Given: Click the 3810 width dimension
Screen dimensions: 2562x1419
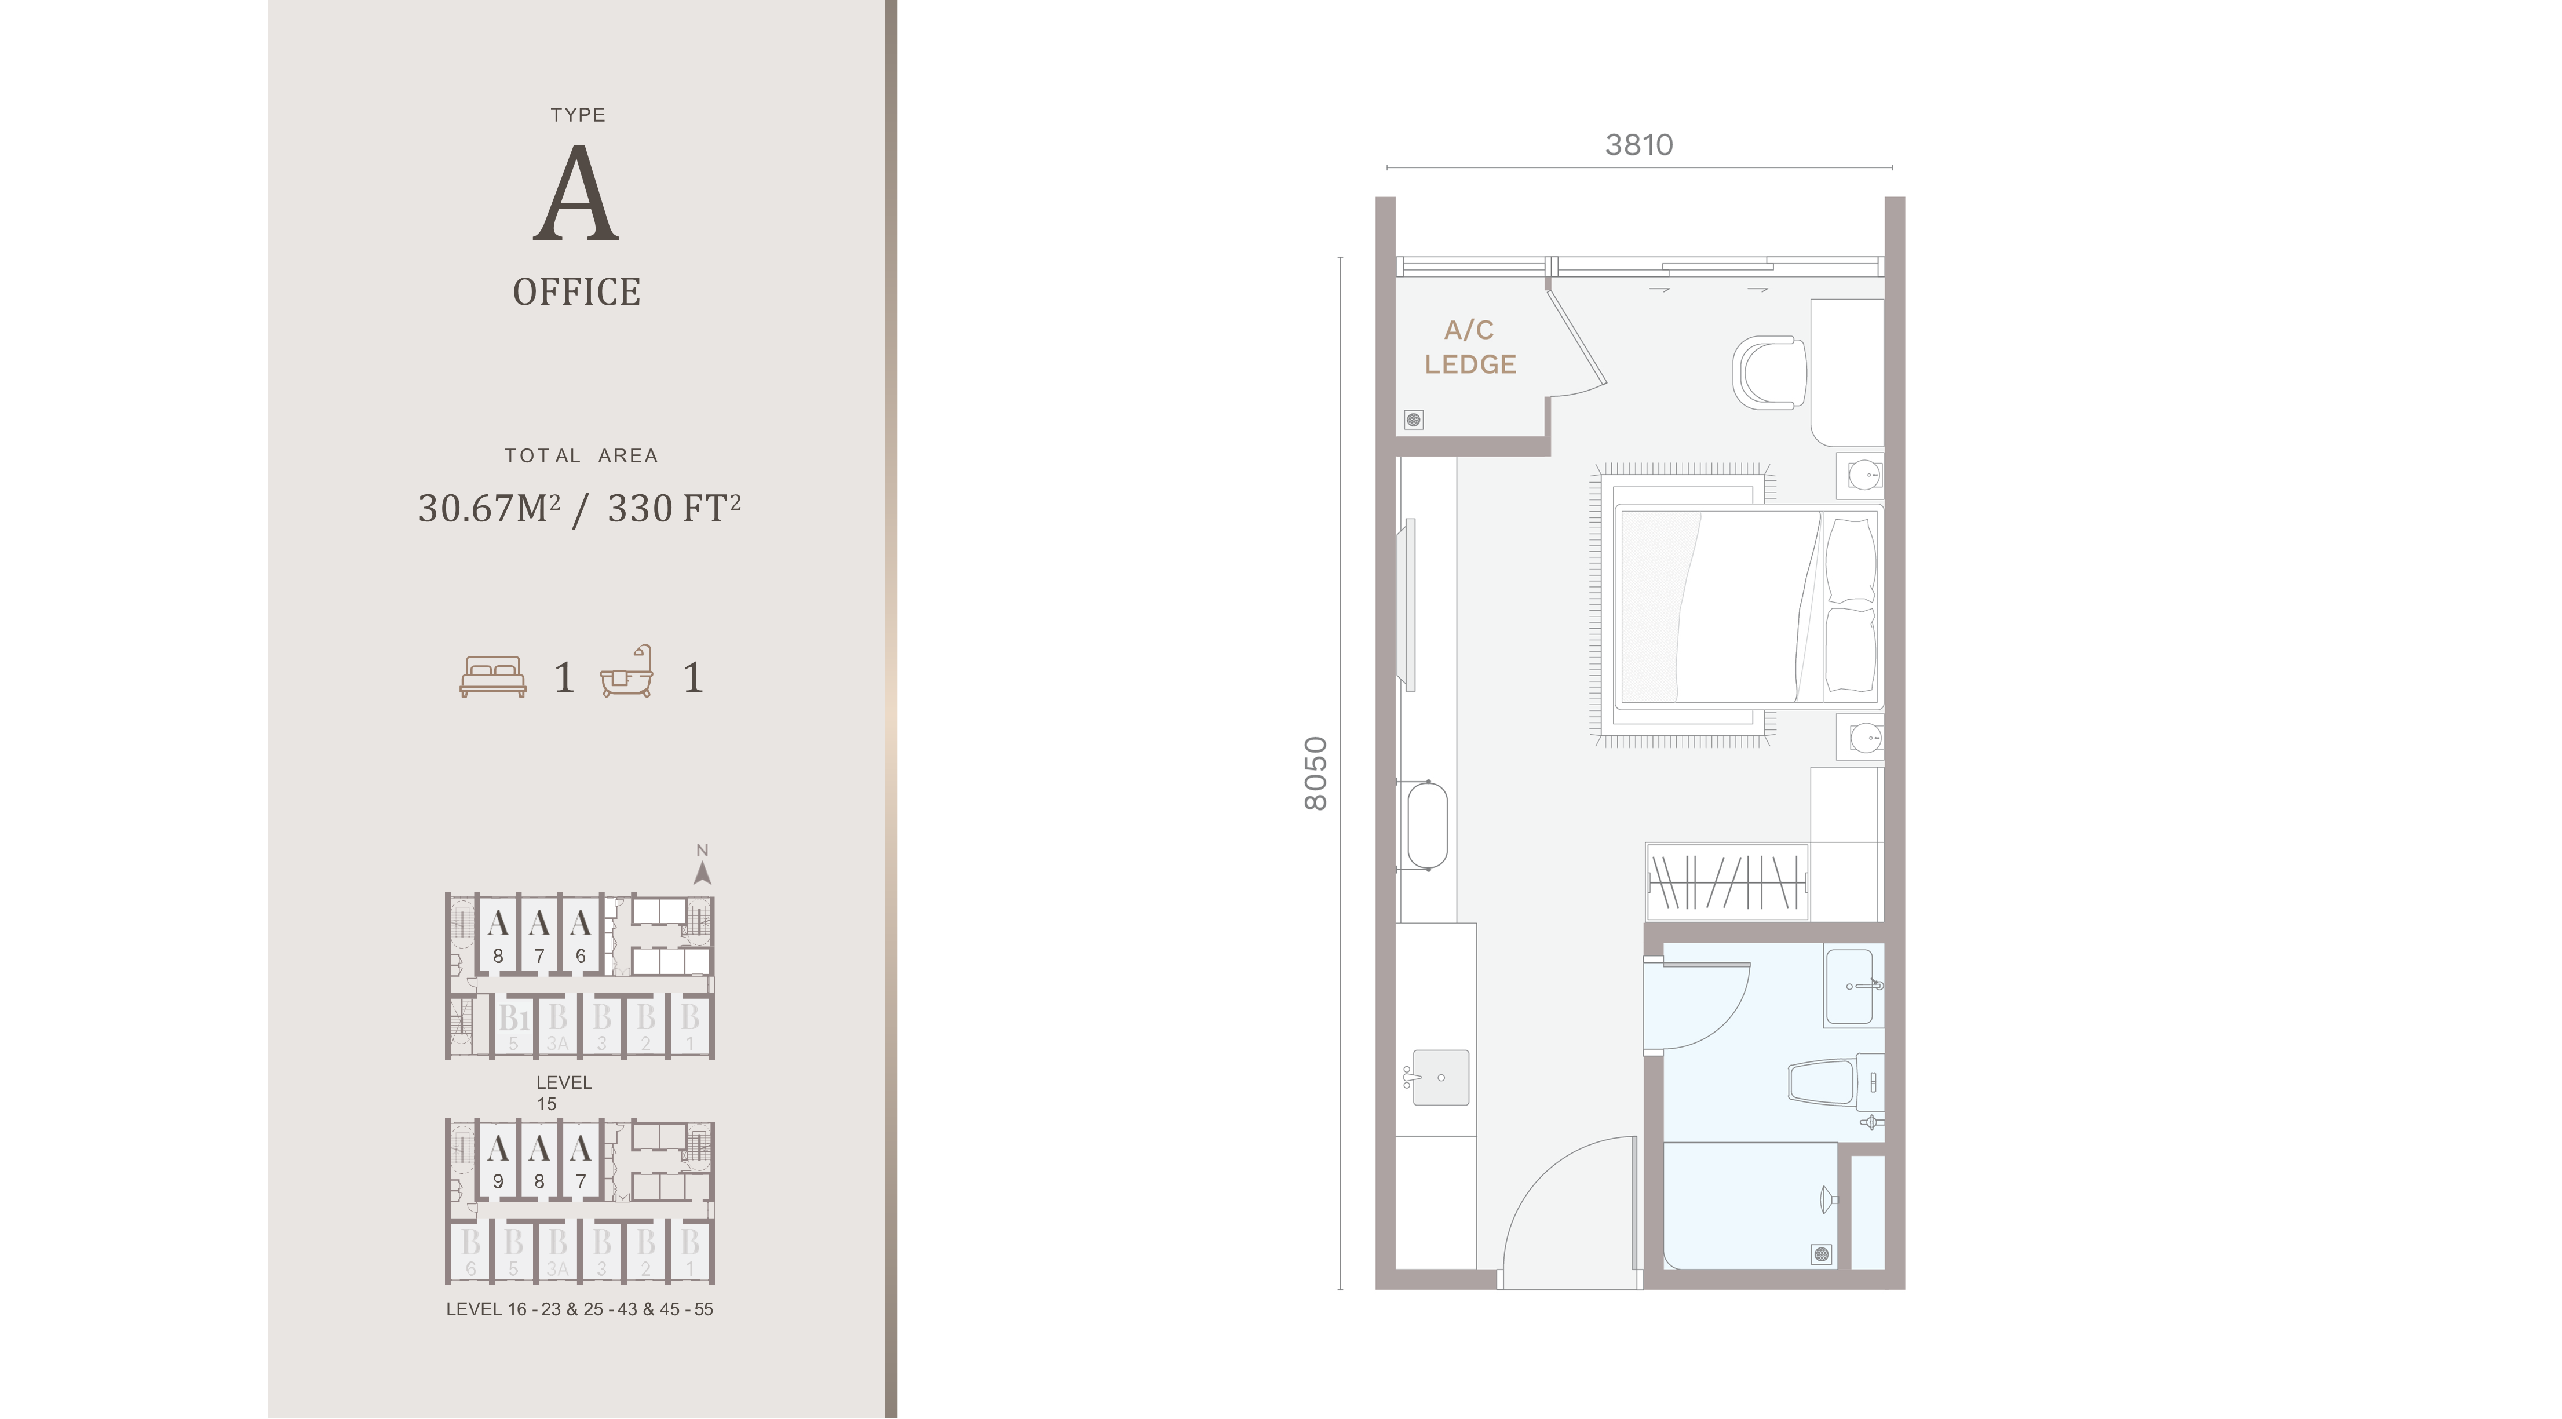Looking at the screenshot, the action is point(1639,145).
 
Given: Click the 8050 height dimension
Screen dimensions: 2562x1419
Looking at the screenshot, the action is point(1316,774).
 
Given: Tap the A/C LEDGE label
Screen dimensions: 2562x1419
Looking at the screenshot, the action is point(1470,347).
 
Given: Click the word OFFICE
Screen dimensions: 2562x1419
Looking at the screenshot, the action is point(577,293).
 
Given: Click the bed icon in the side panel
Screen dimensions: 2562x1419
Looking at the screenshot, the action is point(493,676).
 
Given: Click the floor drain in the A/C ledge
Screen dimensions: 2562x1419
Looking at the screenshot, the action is point(1413,420).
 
